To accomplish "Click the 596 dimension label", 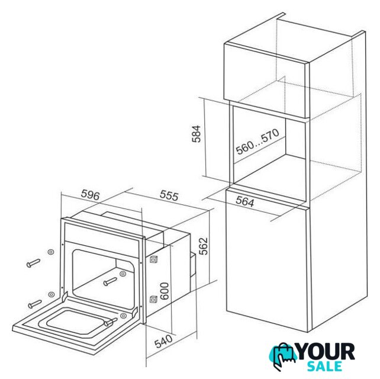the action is (90, 195).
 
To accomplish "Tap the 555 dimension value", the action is (169, 195).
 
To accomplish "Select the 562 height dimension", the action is (204, 246).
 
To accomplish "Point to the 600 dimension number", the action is (165, 291).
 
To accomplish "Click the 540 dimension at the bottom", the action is (163, 342).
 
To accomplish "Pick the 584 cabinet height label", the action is (197, 134).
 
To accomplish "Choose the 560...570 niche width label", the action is (257, 142).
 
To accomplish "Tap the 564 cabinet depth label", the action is (245, 201).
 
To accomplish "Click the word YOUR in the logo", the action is (326, 352).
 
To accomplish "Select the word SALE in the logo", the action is (324, 366).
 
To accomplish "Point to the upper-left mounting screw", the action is (33, 263).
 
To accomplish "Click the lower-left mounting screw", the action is (35, 304).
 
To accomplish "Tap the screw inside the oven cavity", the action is (110, 281).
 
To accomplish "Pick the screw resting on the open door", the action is (111, 322).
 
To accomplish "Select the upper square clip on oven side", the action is (153, 259).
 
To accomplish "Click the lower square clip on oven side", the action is (153, 300).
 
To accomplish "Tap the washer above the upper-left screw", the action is (51, 252).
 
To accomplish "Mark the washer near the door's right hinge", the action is (123, 316).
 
